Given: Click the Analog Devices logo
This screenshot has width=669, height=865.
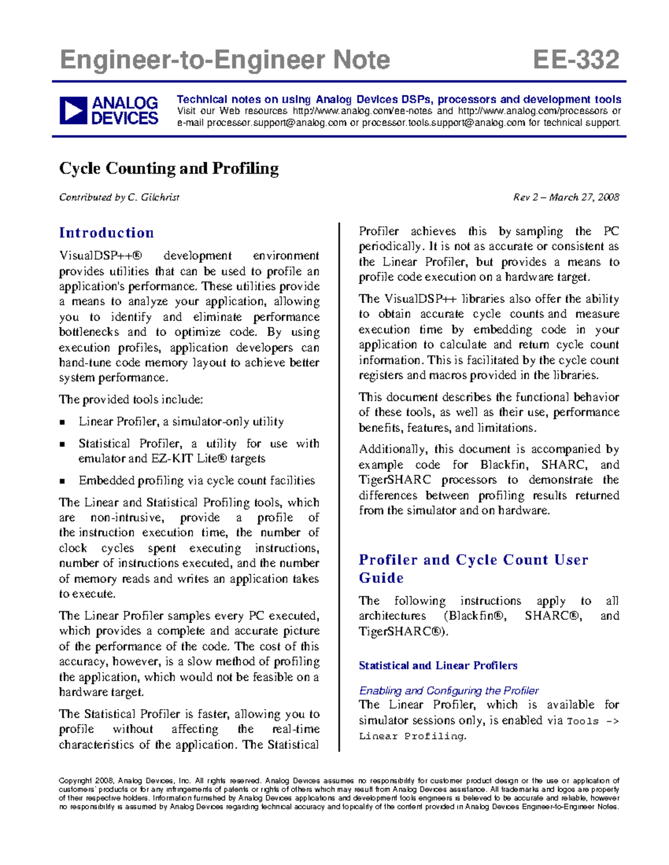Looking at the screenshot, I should tap(109, 110).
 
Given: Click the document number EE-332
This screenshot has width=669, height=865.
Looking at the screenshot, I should tap(576, 60).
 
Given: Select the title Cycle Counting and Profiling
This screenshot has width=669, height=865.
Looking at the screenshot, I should tap(169, 168).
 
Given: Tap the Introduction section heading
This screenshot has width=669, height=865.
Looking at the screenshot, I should tap(106, 233).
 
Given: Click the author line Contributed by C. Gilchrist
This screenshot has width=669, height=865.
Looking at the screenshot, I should tap(119, 197).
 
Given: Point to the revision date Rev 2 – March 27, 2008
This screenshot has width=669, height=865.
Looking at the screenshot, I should tap(566, 197).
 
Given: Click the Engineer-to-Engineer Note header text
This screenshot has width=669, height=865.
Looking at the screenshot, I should tap(225, 60).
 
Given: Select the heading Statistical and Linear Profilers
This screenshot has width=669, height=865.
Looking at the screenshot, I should tap(438, 666).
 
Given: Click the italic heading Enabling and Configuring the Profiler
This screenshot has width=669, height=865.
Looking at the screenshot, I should tap(449, 691).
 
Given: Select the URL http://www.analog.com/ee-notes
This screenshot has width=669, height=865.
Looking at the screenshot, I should tap(362, 111).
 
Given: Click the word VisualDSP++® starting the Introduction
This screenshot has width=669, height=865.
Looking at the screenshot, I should tap(101, 256).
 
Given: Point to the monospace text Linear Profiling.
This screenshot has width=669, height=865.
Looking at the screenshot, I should tap(412, 736).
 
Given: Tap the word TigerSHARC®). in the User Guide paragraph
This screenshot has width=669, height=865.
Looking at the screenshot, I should tap(404, 632).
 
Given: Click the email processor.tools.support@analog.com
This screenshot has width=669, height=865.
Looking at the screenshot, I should tap(443, 123).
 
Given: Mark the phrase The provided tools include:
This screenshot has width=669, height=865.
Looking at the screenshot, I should tap(131, 400).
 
